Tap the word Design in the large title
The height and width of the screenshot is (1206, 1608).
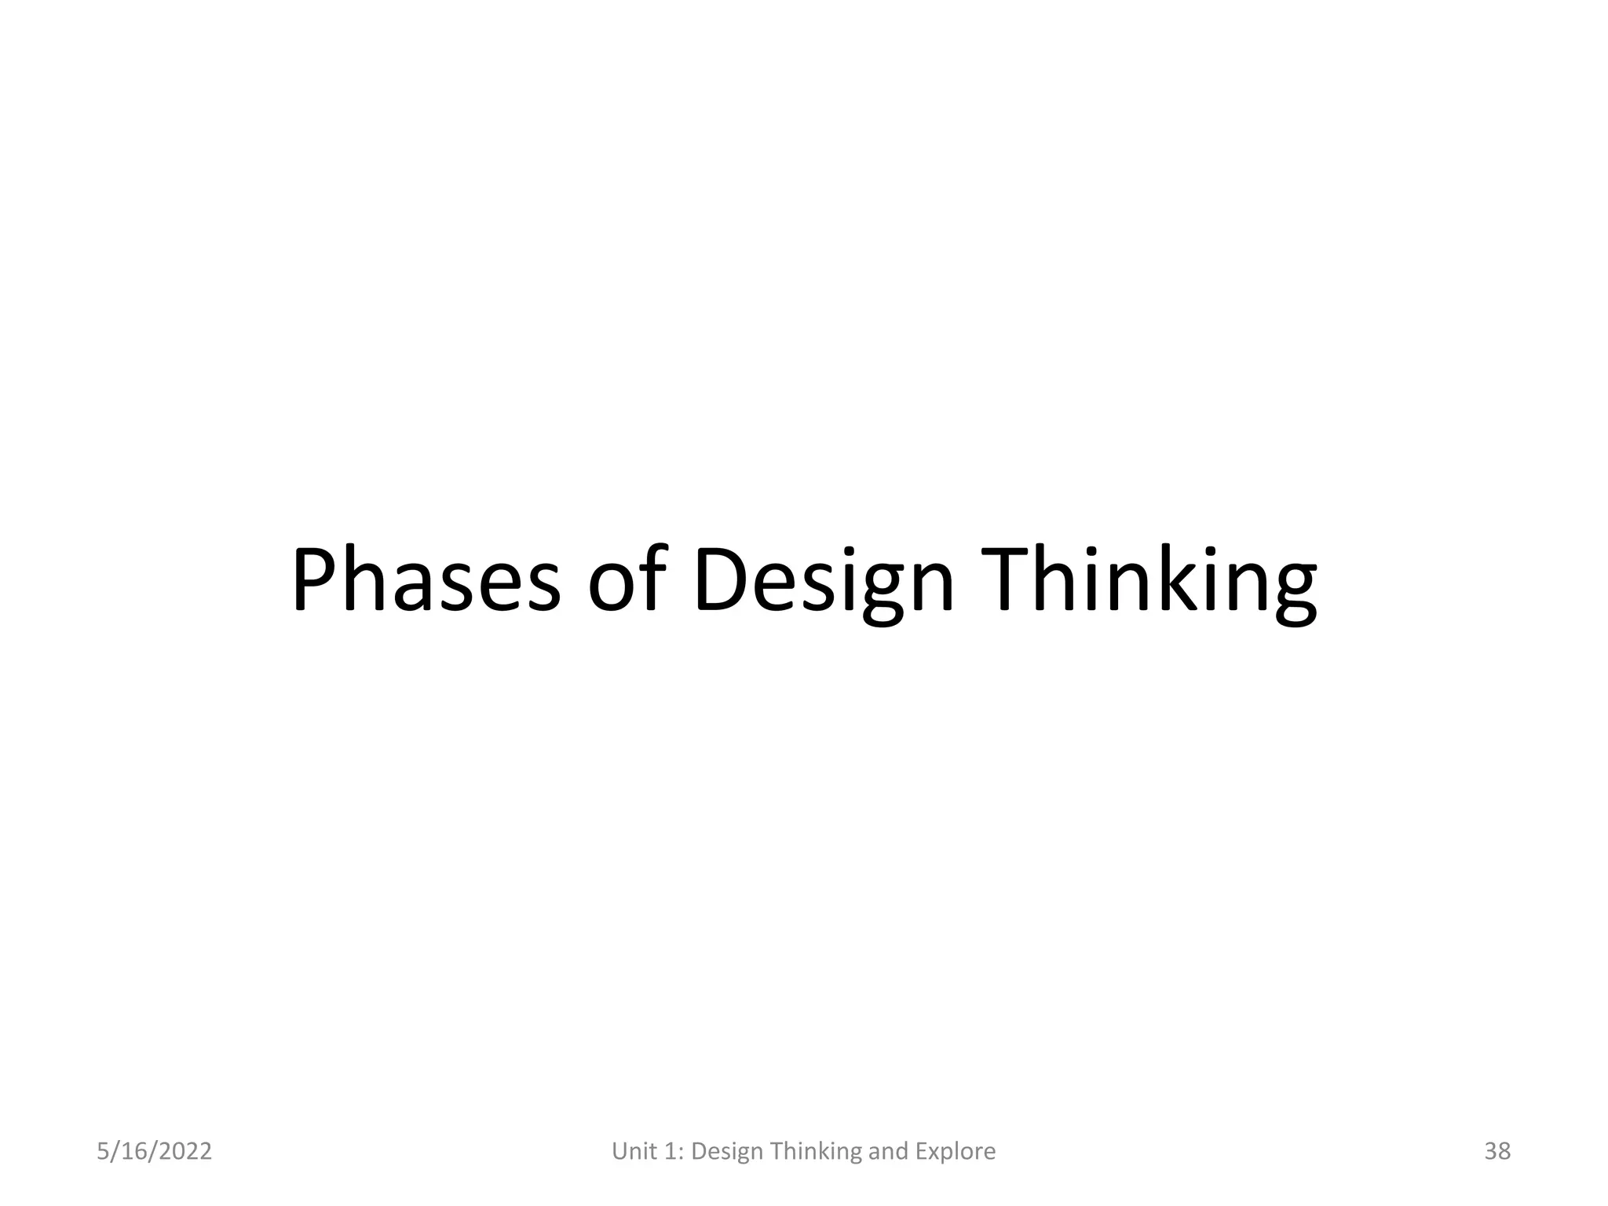coord(824,581)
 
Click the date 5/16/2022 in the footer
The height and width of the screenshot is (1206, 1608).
coord(154,1151)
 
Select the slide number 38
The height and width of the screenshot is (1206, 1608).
coord(1497,1151)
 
